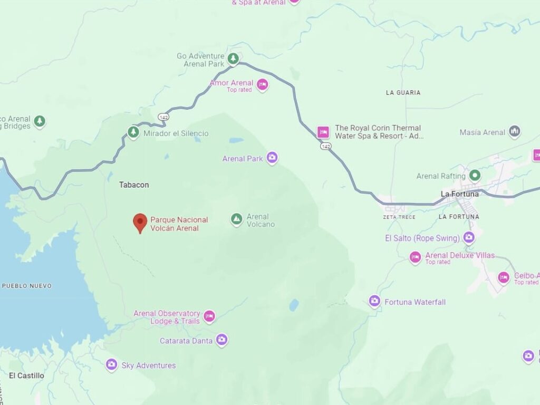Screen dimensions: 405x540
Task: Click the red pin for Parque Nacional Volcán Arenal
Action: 140,222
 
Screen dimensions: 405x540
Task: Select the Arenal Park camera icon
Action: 272,157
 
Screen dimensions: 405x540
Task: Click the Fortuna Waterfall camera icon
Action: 374,301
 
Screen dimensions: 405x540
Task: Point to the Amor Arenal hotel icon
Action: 262,84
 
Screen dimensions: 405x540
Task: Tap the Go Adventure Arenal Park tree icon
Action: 233,58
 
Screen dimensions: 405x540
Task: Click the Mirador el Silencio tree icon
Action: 133,132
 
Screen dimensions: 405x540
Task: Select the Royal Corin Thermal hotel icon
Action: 323,132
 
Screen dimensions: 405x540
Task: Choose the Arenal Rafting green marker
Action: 475,175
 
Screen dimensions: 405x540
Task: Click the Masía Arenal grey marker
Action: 515,132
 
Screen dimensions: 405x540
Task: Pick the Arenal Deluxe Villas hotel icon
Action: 416,257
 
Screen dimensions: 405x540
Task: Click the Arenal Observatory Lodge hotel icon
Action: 209,316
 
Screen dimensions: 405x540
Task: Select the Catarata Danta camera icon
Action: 221,340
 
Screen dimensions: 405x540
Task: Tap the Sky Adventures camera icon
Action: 111,364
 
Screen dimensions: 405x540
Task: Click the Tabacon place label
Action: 134,185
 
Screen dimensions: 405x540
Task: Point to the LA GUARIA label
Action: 403,93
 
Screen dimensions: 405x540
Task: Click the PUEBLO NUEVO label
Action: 27,286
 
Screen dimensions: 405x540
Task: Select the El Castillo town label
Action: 26,375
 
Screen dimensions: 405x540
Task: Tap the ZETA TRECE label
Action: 399,217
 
